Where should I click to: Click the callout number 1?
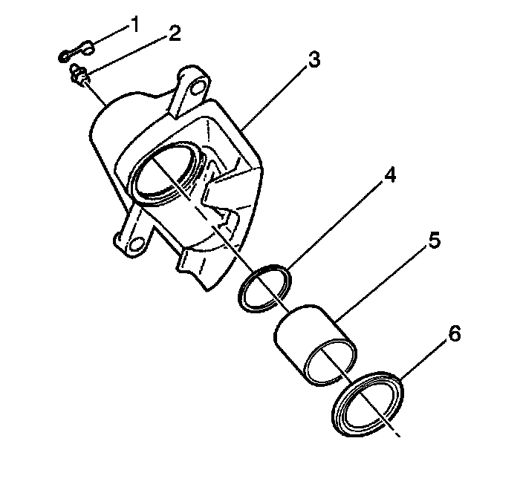coord(134,25)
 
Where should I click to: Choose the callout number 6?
coord(455,333)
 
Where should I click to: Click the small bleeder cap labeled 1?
coord(74,52)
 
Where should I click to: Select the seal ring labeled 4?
coord(264,288)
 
